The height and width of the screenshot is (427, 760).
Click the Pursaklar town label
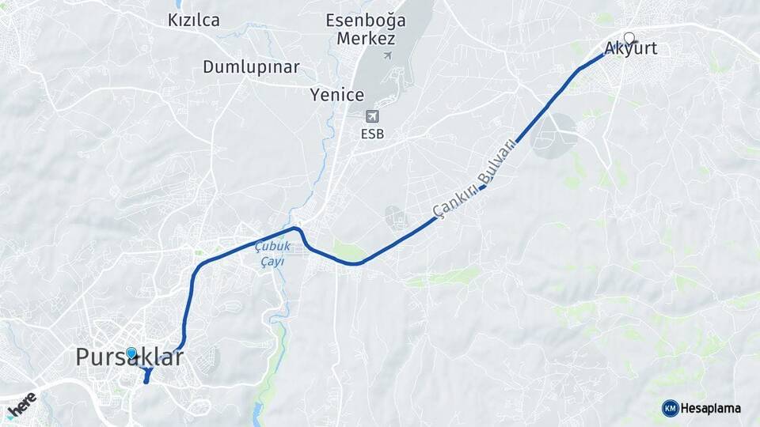coord(130,357)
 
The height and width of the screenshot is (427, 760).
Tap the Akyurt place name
coord(631,49)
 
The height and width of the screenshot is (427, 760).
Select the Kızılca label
coord(194,21)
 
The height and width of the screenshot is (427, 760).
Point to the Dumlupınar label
coord(251,66)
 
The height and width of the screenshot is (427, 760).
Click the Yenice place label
coord(337,96)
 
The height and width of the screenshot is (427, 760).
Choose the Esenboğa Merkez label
coord(366,29)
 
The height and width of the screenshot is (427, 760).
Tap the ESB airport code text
coord(372,134)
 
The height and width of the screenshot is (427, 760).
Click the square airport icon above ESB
coord(371,116)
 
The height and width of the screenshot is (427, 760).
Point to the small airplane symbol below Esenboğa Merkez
coord(387,55)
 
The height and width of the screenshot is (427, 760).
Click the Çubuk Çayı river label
coord(273,254)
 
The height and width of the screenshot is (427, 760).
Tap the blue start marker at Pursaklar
coord(131,353)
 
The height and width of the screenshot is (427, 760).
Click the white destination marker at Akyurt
coord(629,37)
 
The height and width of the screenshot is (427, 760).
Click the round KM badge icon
coord(670,408)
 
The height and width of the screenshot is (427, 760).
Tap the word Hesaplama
coord(711,408)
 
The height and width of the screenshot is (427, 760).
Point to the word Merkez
coord(366,38)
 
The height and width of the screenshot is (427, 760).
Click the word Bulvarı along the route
coord(498,161)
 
